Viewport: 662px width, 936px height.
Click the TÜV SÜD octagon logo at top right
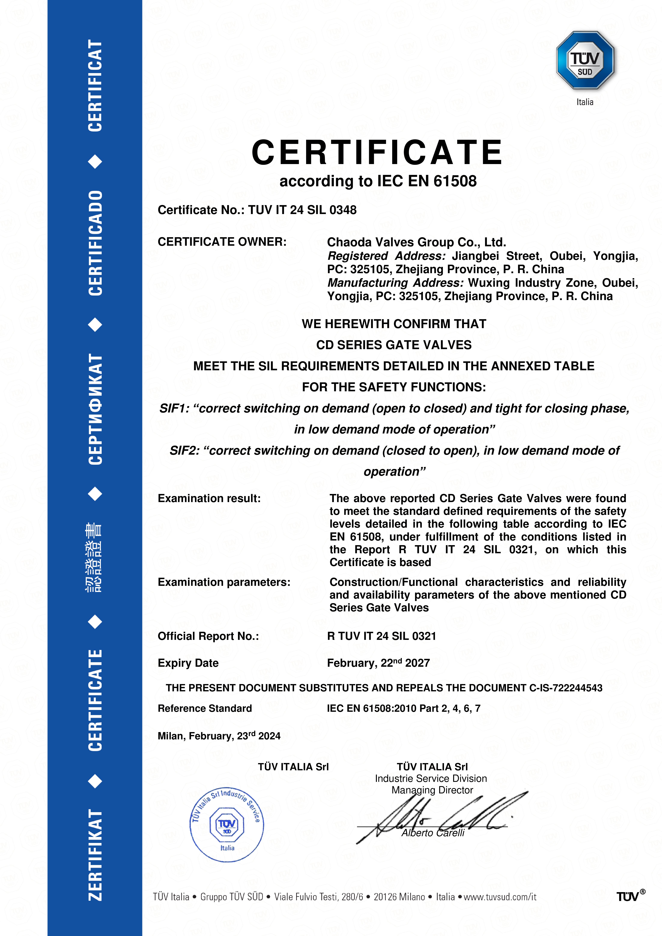coord(585,60)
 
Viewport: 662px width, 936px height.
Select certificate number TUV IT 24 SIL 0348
coord(302,210)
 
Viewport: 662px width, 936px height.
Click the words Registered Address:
coord(387,256)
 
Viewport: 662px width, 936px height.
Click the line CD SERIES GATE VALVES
coord(394,345)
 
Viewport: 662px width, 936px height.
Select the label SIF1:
coord(174,408)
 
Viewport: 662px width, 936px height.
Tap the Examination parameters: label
coord(224,582)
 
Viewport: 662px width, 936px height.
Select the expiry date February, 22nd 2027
coord(378,663)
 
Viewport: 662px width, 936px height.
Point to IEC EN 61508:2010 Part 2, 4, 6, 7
coord(403,708)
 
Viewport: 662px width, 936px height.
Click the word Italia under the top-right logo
coord(585,102)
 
